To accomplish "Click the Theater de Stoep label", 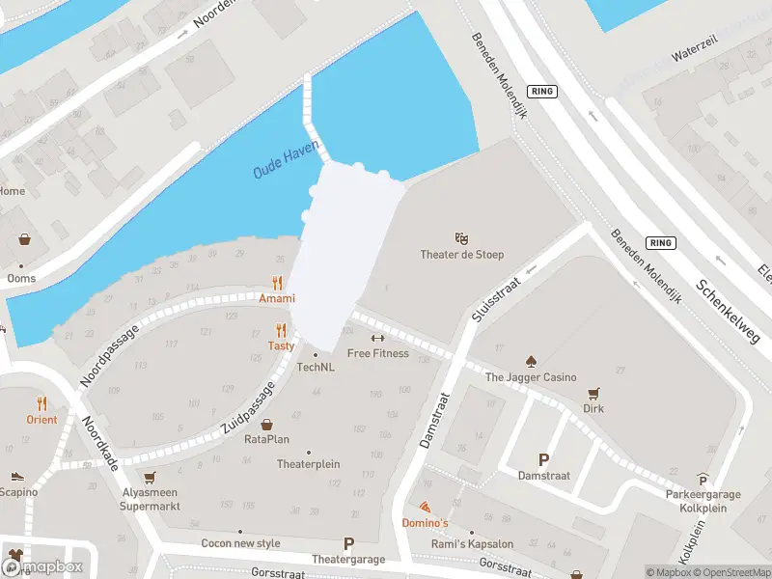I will click(462, 255).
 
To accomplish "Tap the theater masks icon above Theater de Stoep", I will click(462, 237).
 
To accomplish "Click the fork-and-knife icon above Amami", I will click(277, 284).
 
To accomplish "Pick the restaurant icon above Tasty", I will click(282, 330).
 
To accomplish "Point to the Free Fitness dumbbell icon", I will click(377, 338).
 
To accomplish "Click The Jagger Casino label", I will click(531, 377).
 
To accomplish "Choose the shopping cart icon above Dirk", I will click(594, 393).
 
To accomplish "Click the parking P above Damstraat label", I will click(543, 460).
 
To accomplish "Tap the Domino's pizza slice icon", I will click(425, 508).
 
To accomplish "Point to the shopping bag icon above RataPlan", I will click(267, 424).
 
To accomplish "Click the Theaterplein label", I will click(309, 464).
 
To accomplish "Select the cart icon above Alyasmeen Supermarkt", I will click(150, 477).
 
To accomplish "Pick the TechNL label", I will click(316, 367).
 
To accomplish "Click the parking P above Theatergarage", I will click(348, 543).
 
